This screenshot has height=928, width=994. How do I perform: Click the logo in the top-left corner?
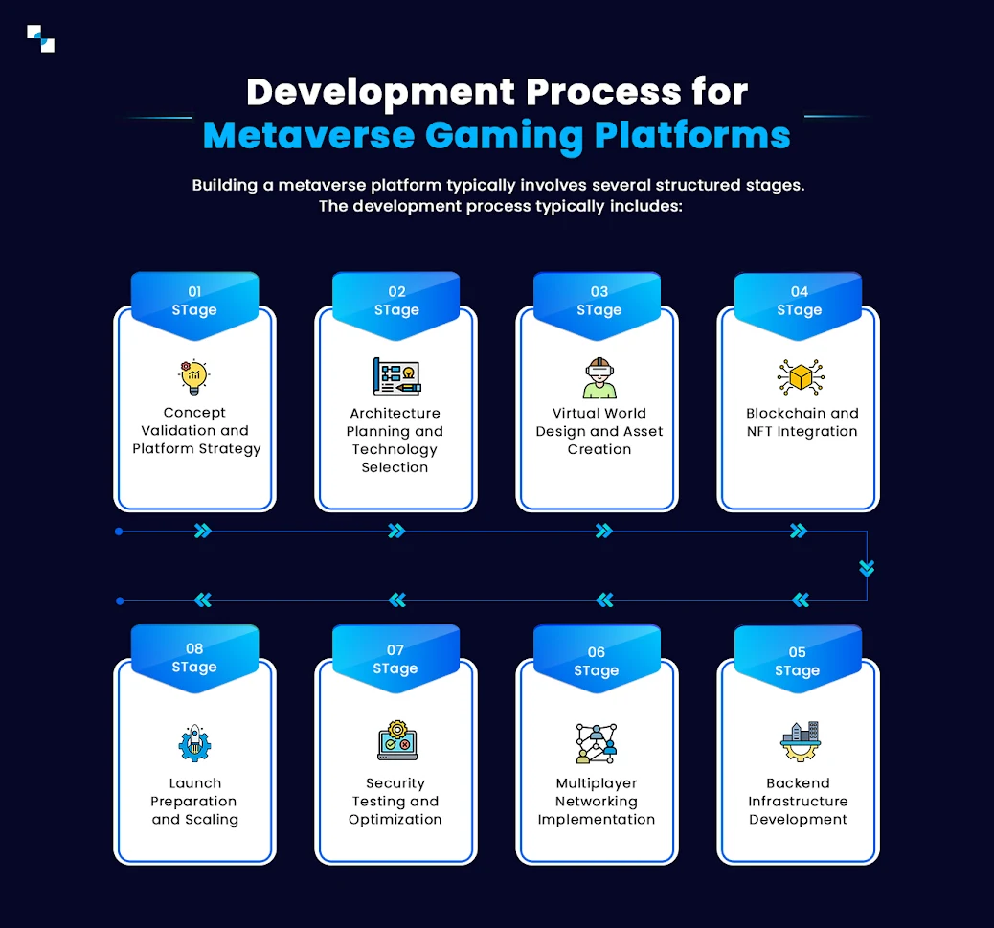(x=40, y=38)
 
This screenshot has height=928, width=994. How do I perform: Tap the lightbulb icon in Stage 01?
(x=194, y=377)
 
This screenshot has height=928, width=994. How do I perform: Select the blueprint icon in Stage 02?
(x=395, y=376)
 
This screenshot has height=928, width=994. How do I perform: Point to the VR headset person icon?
(x=599, y=377)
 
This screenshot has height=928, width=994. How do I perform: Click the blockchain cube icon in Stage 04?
(x=801, y=377)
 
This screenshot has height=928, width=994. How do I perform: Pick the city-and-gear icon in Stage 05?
(x=799, y=742)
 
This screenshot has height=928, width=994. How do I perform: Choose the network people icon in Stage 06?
(x=597, y=743)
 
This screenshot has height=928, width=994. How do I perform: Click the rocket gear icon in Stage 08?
(x=194, y=743)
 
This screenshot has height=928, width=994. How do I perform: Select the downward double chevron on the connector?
(x=867, y=568)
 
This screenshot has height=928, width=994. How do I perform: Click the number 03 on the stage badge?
(x=599, y=292)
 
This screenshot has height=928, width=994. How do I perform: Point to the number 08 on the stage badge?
(x=194, y=649)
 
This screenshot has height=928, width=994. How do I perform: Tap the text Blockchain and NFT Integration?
(x=802, y=422)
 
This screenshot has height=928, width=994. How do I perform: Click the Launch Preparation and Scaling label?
(x=194, y=802)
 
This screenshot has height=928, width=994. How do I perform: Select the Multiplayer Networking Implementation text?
(x=597, y=802)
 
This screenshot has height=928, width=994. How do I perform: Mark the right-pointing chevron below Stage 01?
(x=202, y=531)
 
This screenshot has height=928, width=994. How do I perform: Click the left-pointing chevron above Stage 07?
(x=397, y=600)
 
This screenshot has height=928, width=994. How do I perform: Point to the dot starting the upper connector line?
(x=119, y=531)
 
